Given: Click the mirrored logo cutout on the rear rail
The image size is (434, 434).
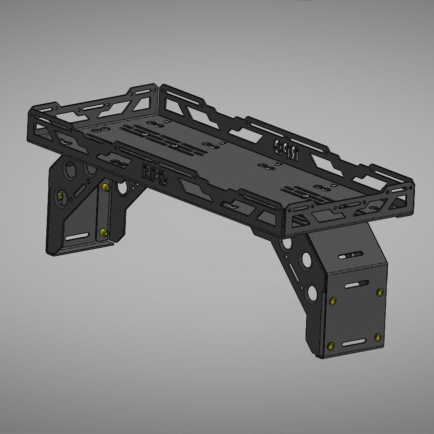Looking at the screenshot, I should [285, 149].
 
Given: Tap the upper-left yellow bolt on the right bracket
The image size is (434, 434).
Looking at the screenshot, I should [332, 301].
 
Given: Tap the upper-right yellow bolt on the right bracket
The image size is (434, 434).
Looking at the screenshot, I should [379, 292].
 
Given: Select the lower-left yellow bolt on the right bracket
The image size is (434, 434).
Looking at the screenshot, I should [330, 346].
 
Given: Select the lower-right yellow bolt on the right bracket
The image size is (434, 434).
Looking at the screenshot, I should [378, 337].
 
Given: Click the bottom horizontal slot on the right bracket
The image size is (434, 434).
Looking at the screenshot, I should [353, 343].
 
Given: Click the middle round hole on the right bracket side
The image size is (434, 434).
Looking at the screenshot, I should [305, 260].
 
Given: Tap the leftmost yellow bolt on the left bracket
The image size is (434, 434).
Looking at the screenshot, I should [61, 196].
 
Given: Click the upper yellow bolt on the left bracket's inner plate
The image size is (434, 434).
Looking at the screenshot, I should [105, 187].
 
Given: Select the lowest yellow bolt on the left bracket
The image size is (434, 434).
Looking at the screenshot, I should [103, 232].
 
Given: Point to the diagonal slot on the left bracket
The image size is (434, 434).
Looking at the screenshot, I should [78, 191].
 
